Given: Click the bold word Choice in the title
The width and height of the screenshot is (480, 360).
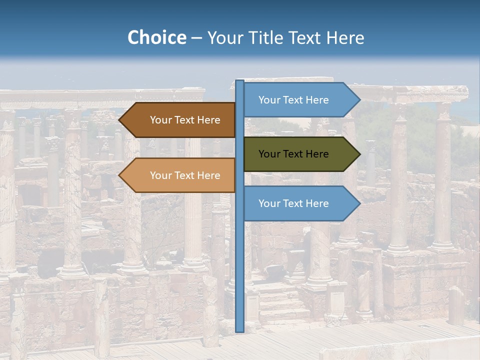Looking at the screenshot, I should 156,37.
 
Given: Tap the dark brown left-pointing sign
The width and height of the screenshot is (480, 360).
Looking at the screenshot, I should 180,120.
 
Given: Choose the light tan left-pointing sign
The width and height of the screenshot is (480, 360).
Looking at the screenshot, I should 180,175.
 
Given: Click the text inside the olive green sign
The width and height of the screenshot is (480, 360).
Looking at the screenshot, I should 293,154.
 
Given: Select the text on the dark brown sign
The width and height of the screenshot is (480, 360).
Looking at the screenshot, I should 185,120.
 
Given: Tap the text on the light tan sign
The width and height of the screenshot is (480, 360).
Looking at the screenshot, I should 185,175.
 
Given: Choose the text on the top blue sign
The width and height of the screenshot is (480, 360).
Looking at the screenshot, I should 293,100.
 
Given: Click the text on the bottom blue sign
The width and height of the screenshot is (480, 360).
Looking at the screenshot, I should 293,203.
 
